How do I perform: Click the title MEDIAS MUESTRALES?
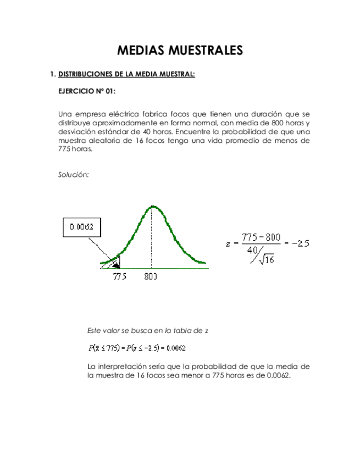click(x=180, y=51)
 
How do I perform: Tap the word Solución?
click(x=73, y=175)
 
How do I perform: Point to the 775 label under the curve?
click(x=120, y=277)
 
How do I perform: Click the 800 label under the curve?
click(x=151, y=277)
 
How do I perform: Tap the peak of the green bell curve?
click(x=152, y=207)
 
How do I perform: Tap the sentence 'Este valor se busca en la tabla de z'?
click(x=148, y=330)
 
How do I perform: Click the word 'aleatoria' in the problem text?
click(x=101, y=141)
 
